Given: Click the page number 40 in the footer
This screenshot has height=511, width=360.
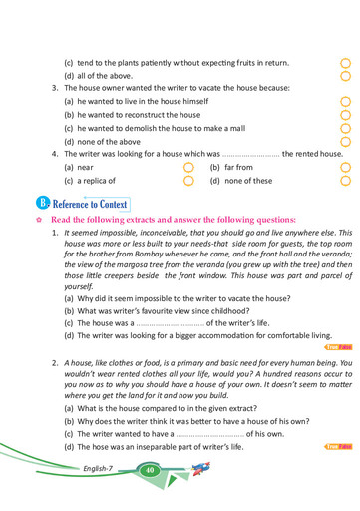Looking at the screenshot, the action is (x=149, y=469).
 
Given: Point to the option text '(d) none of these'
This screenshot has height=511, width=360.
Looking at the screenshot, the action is (x=240, y=182).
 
